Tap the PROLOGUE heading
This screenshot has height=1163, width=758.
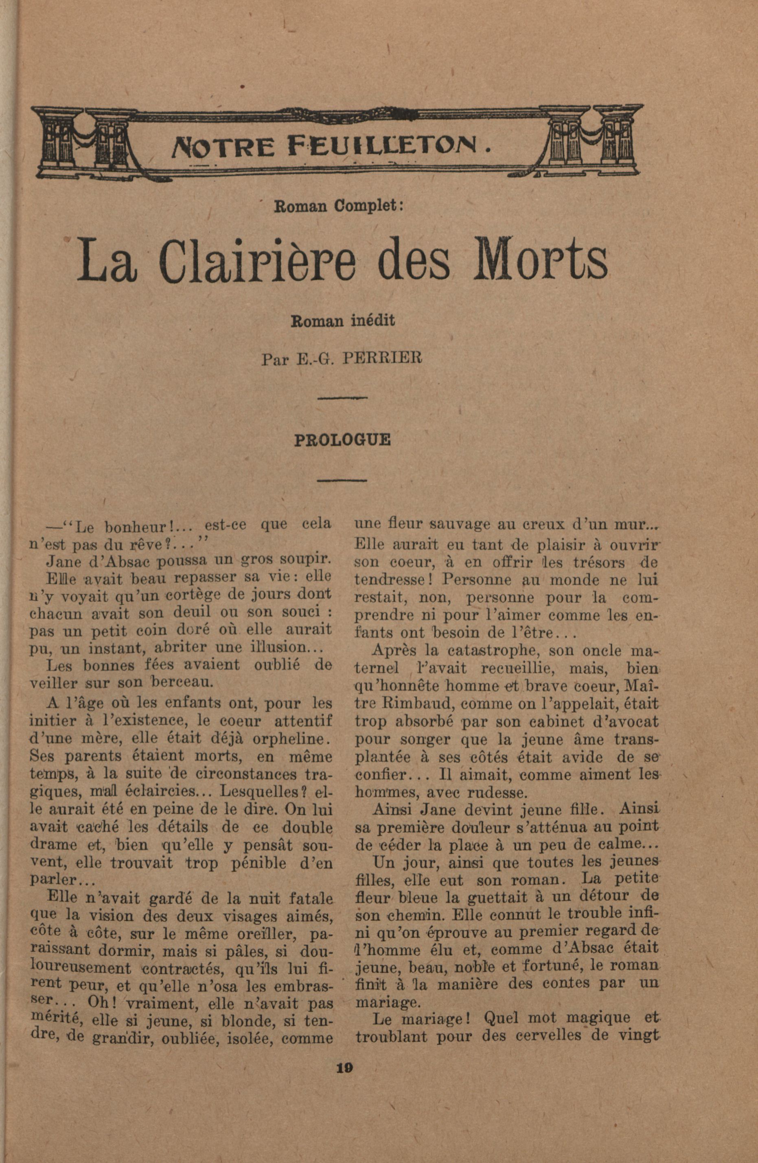pyautogui.click(x=342, y=440)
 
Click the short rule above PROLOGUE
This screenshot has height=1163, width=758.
pyautogui.click(x=342, y=398)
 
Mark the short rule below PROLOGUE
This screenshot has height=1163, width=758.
pyautogui.click(x=342, y=481)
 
